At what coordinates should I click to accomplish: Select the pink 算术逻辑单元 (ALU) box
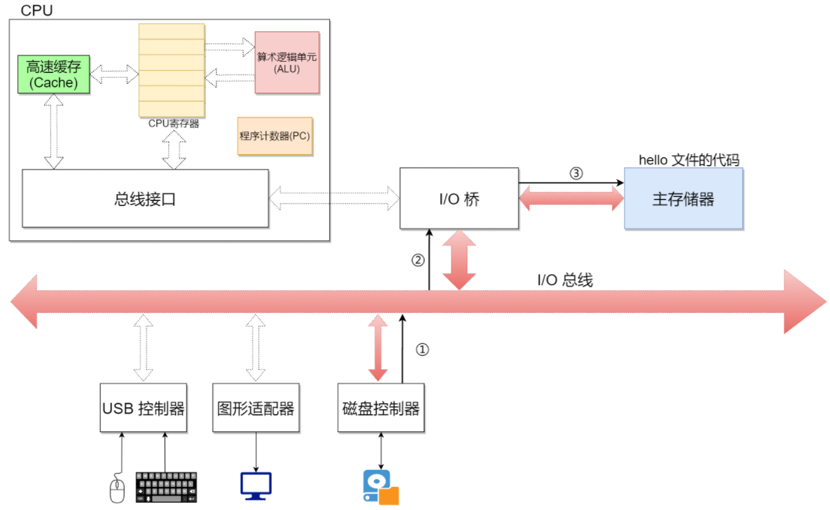point(286,62)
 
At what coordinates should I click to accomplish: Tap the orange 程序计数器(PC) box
point(275,136)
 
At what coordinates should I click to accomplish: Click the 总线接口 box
point(145,199)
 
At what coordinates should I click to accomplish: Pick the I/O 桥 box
point(459,198)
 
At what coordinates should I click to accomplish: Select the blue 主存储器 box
point(683,199)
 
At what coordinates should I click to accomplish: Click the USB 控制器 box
point(144,408)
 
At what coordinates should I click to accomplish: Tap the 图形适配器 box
point(256,408)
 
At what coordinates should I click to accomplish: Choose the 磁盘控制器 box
point(381,408)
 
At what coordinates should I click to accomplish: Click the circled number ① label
point(422,349)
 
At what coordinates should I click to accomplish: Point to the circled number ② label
point(417,260)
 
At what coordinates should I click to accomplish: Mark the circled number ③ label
point(576,173)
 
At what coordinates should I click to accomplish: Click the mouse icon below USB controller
point(117,488)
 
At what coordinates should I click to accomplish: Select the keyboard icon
point(166,487)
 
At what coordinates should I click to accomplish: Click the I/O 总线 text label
point(565,280)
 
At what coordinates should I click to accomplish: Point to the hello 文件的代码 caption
point(689,160)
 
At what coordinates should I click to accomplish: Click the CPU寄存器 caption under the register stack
point(174,123)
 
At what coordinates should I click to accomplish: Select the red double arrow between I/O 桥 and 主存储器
point(572,199)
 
